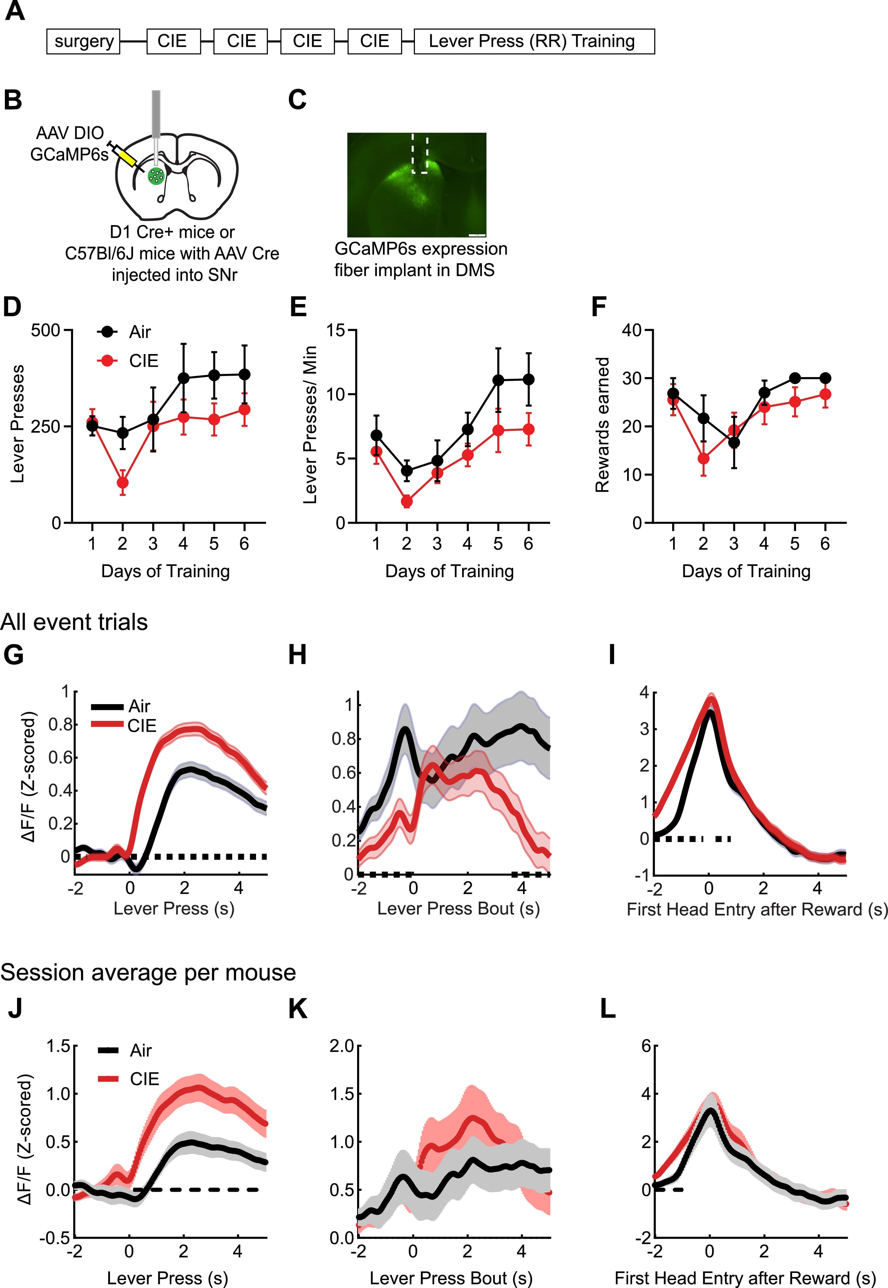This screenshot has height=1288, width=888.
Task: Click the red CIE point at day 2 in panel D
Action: (122, 483)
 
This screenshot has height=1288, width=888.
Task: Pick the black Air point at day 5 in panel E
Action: (498, 380)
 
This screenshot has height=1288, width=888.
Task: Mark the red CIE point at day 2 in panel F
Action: (703, 458)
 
